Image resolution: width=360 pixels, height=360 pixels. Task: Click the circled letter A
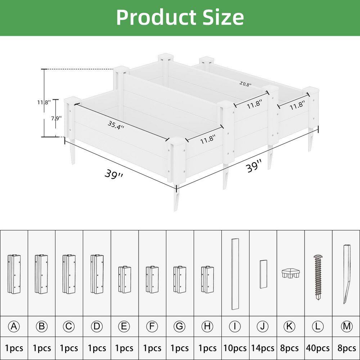coord(14,327)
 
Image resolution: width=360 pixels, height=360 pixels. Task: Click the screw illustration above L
coord(318,277)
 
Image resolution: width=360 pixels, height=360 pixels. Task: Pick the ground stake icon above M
coord(346,274)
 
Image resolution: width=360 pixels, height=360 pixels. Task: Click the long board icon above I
coord(235,274)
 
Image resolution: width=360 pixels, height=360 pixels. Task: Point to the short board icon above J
coord(263,274)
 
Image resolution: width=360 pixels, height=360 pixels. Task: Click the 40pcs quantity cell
coord(318,348)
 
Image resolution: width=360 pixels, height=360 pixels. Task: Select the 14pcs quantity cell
coord(263,348)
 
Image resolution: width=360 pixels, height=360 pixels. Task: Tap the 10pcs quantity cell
coord(235,348)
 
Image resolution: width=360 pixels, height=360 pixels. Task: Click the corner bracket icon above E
coord(125,280)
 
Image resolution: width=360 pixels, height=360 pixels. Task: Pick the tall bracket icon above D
coord(97,274)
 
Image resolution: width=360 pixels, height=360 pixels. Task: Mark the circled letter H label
coord(207,327)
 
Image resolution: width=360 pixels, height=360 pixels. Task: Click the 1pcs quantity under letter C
coord(69,348)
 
